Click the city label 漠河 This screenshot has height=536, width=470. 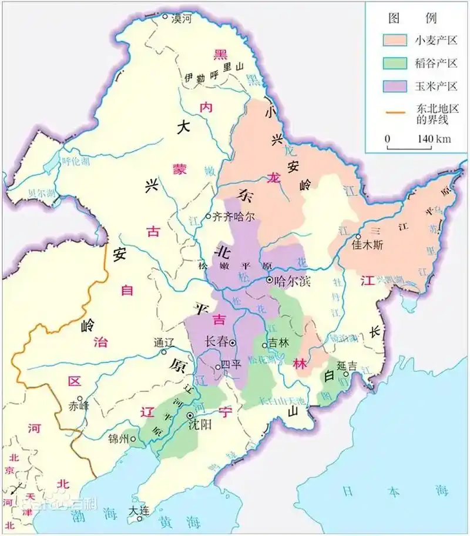[x=181, y=19]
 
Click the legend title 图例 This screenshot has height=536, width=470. [x=415, y=18]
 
